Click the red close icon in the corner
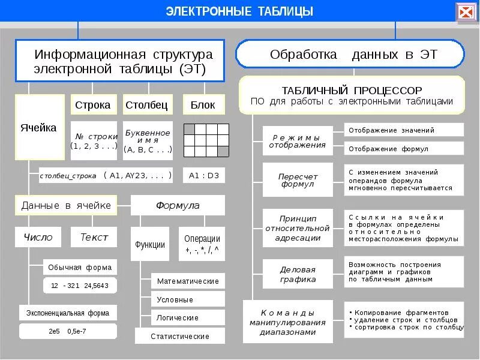pos(466,12)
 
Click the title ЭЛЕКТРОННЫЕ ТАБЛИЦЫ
pos(239,11)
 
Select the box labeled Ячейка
pos(38,127)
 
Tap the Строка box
pos(93,105)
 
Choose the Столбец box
pos(148,105)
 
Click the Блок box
pos(203,105)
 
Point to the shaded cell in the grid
pos(223,151)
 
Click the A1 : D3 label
pos(203,175)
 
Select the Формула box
pos(178,205)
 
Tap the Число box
pos(38,237)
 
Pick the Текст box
pos(94,237)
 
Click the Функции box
pos(150,244)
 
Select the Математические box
pos(188,281)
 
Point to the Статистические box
pos(180,336)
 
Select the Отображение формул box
pos(404,148)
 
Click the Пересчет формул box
pos(298,180)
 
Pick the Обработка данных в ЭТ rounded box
pos(350,55)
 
